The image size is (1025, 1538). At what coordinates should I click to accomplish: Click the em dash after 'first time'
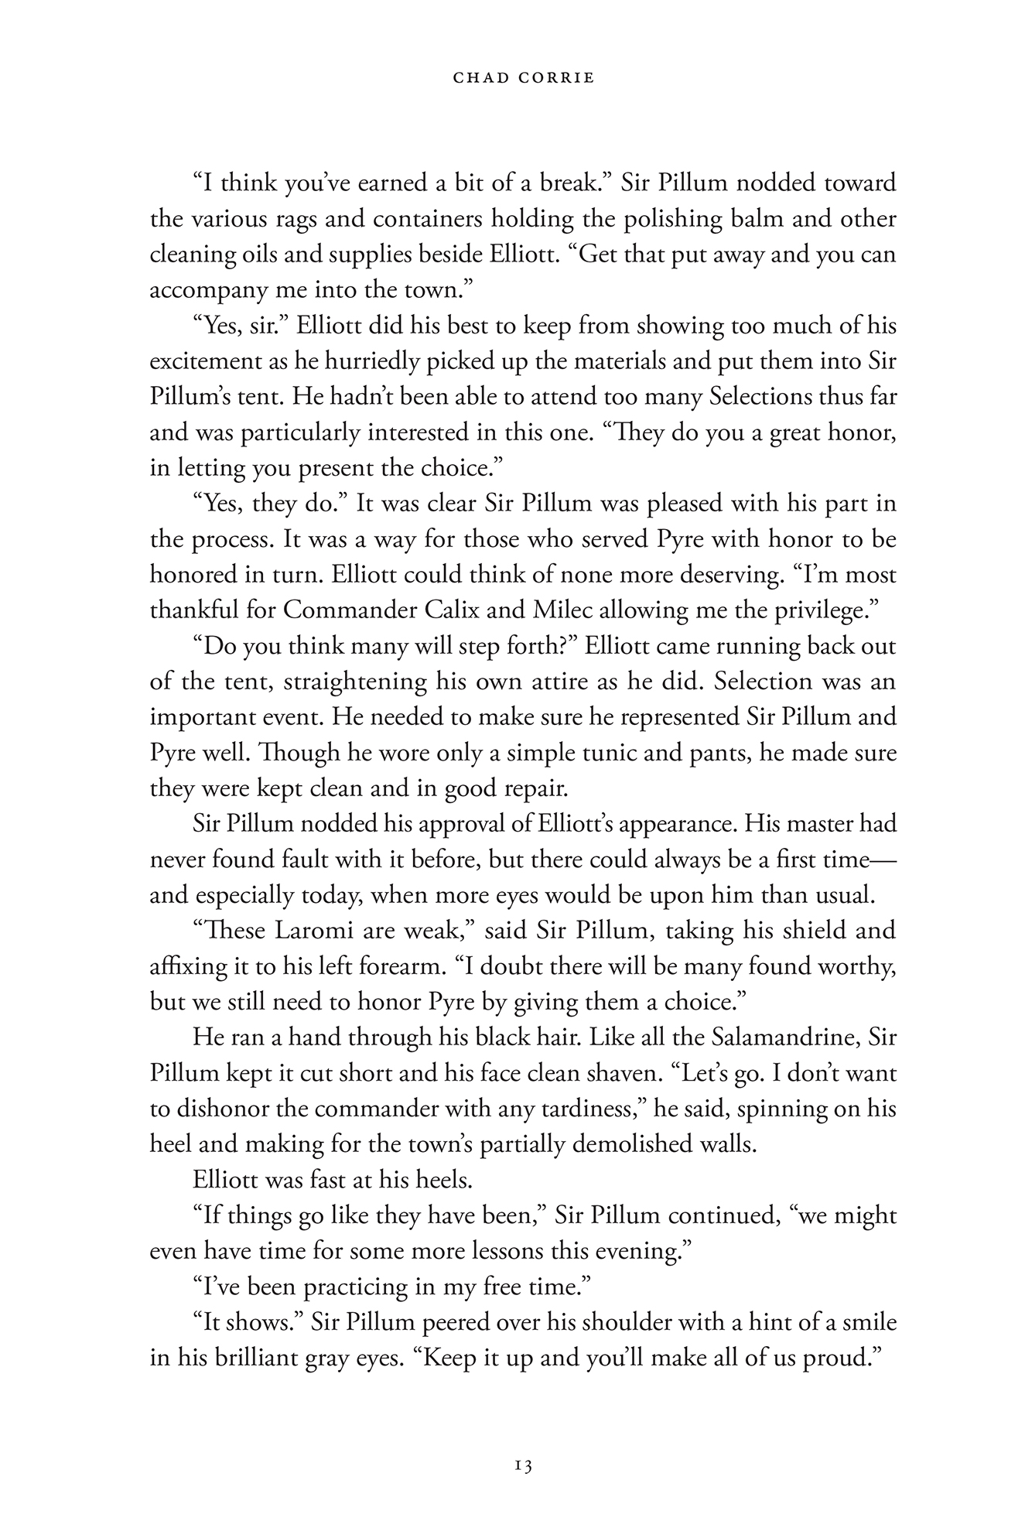point(884,860)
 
